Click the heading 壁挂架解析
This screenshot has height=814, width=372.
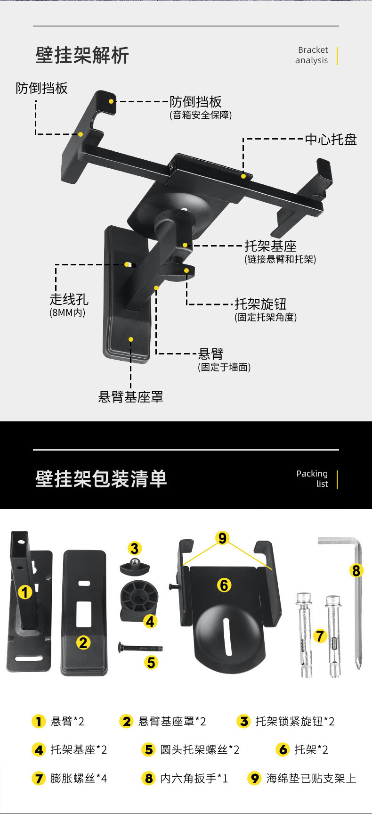[x=82, y=56]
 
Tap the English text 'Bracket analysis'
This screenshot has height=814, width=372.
[x=312, y=55]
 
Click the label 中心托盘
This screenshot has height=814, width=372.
[x=331, y=140]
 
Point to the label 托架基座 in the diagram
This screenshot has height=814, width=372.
[x=270, y=246]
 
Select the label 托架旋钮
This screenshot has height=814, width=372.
[x=260, y=304]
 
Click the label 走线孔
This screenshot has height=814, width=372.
[x=69, y=299]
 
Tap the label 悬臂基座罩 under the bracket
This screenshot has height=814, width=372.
[x=130, y=397]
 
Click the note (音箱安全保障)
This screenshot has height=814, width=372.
[x=201, y=115]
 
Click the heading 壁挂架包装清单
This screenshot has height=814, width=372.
[x=101, y=479]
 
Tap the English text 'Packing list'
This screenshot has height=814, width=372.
[x=312, y=478]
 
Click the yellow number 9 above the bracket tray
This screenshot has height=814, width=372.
[x=222, y=538]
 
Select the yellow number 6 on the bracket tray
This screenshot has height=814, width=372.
[x=224, y=585]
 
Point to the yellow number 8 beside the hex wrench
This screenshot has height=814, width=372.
[x=356, y=571]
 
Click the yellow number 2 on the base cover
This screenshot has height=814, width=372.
[x=84, y=642]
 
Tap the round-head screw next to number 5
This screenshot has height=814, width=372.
[x=140, y=648]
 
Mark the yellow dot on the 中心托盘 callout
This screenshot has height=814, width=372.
[x=243, y=176]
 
